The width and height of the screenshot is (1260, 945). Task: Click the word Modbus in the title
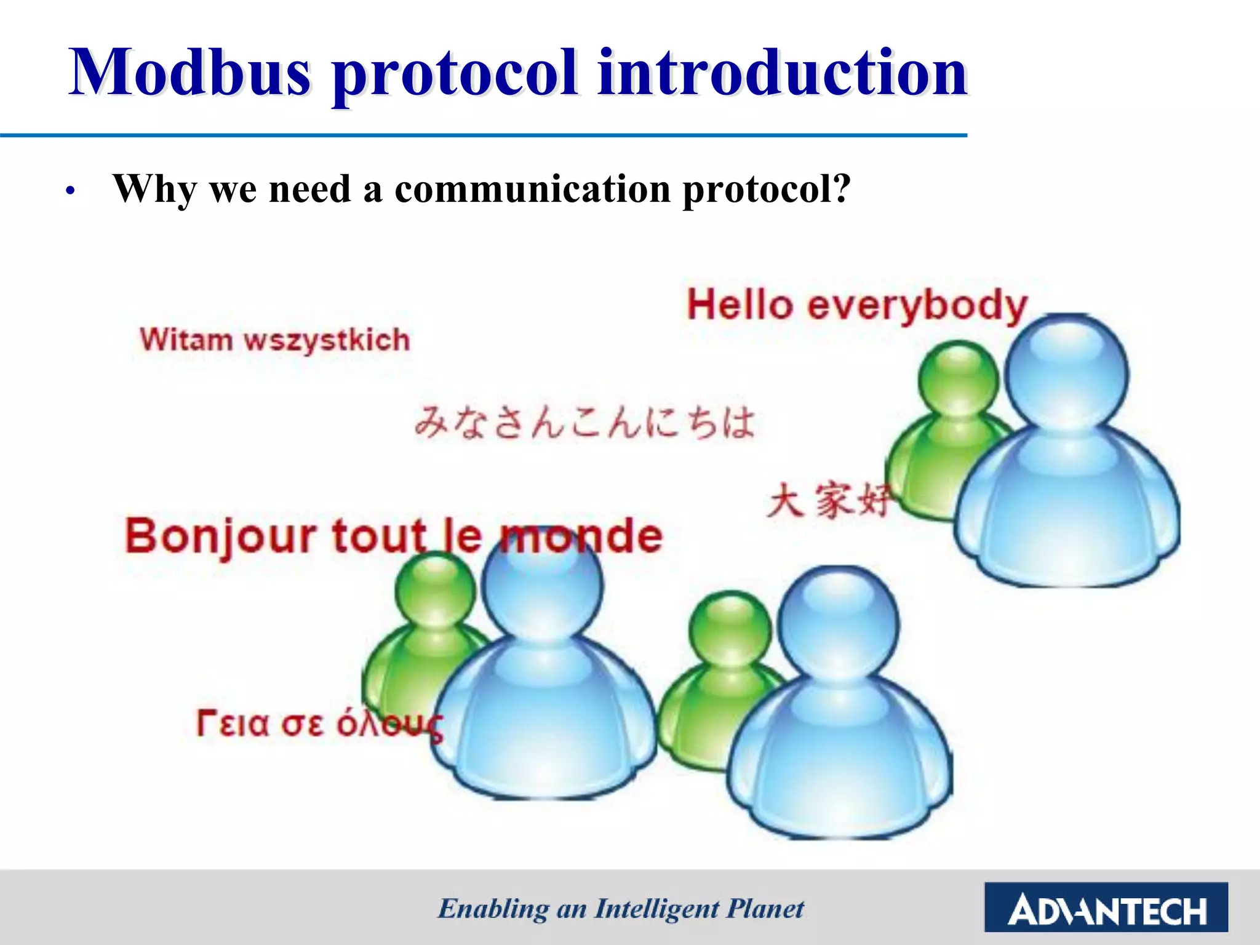(x=191, y=74)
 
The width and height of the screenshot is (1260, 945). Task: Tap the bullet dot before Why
(x=71, y=191)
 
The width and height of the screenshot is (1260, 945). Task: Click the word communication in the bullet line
(x=533, y=189)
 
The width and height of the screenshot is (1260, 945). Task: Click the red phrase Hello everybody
(x=857, y=305)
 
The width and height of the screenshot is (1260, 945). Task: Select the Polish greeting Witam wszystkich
(x=275, y=340)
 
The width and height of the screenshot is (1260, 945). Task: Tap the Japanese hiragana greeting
(x=584, y=423)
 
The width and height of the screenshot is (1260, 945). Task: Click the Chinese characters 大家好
(x=827, y=500)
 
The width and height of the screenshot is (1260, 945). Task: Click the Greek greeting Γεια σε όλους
(x=319, y=724)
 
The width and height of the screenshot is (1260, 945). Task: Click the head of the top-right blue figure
(x=1066, y=372)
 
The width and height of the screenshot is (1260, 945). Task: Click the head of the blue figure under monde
(x=541, y=584)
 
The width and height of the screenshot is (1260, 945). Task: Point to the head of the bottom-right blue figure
(x=838, y=624)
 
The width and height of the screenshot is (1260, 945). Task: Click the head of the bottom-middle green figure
(x=729, y=631)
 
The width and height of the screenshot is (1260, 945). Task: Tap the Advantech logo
(x=1106, y=907)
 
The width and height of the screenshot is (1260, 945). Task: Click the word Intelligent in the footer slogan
(x=657, y=909)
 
